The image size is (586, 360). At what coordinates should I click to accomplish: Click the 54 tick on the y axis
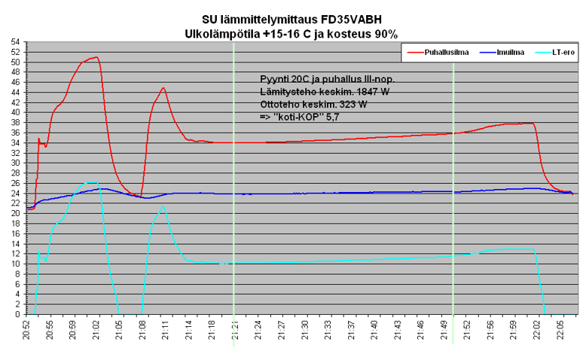tap(16, 41)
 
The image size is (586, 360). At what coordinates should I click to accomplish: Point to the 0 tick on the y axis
tap(18, 314)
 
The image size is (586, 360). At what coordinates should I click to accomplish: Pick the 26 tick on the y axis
tap(16, 183)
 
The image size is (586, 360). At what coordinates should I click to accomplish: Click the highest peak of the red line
tap(96, 56)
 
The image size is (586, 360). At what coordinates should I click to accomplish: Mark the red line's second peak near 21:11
tap(163, 87)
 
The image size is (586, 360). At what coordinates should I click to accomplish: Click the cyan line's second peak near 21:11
tap(163, 207)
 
